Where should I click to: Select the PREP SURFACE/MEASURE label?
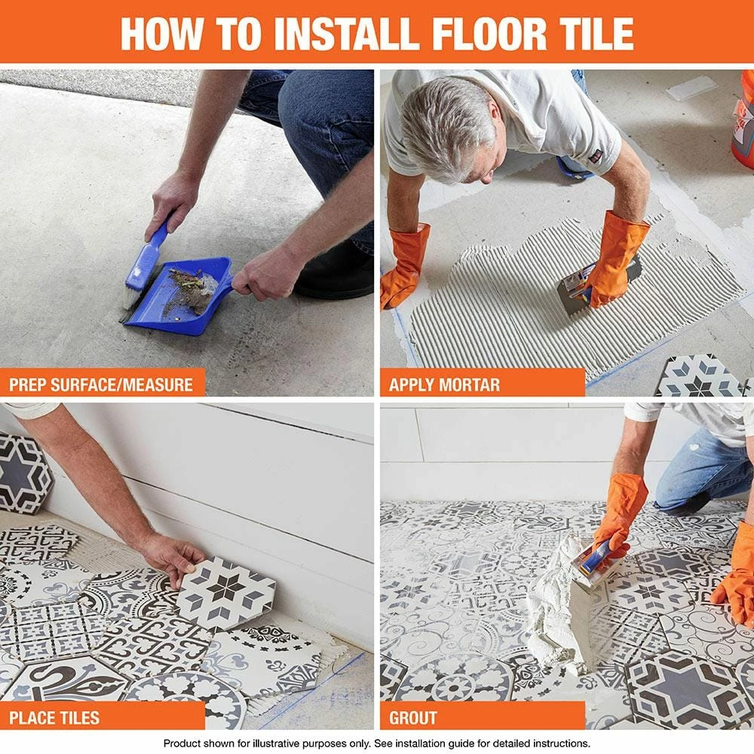[102, 385]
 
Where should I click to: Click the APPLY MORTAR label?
[444, 385]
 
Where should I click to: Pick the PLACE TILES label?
[54, 718]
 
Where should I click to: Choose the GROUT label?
[413, 718]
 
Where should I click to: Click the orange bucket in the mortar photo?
[743, 121]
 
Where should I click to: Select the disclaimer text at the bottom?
[377, 743]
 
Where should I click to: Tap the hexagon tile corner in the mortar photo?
[697, 377]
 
